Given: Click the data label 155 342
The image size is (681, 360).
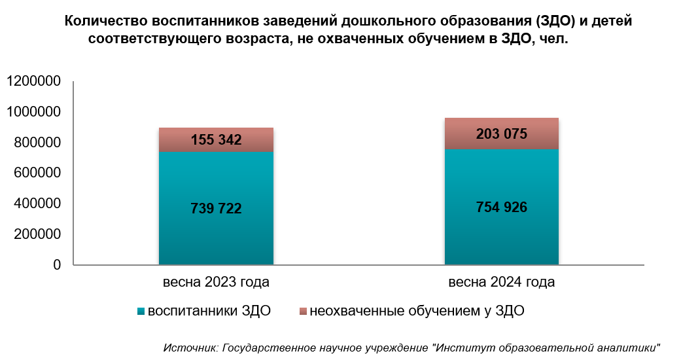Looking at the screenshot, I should click(x=216, y=139).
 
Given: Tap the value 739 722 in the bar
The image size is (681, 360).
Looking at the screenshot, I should click(x=216, y=209).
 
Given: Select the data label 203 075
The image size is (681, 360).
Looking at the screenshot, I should click(x=501, y=134).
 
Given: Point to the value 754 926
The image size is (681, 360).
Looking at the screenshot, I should click(x=501, y=207).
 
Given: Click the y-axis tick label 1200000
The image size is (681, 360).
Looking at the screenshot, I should click(x=33, y=82).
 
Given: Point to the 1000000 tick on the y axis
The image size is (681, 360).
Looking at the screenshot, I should click(x=33, y=113).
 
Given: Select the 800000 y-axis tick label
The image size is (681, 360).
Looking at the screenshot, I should click(x=37, y=143).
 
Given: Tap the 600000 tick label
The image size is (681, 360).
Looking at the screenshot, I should click(x=37, y=173).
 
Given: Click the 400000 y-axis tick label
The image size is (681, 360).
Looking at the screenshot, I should click(x=37, y=204).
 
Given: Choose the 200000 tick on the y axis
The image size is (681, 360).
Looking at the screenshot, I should click(x=37, y=234).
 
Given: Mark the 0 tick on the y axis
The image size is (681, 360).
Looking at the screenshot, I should click(x=57, y=265).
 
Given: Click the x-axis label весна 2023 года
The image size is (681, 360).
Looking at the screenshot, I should click(x=216, y=283).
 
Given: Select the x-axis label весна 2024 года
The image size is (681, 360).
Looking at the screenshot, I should click(x=502, y=283).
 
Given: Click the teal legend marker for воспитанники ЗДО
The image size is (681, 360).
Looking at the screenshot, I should click(x=141, y=312).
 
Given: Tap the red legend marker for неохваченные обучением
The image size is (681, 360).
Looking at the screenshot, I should click(x=302, y=312).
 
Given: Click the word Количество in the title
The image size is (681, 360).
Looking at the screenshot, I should click(x=105, y=22).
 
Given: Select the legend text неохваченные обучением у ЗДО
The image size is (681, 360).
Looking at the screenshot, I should click(x=417, y=311).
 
